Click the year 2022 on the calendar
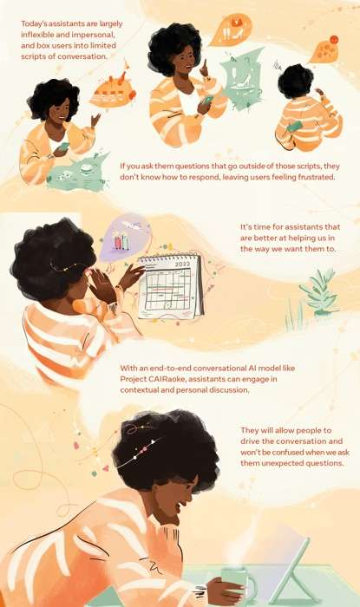(x=183, y=264)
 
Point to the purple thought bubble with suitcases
(x=125, y=237)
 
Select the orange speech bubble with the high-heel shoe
(x=231, y=29)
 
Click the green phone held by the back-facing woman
(x=295, y=127)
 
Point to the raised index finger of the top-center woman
(x=205, y=66)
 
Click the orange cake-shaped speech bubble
(x=112, y=91)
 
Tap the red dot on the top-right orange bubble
(x=334, y=40)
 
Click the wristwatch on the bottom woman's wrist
(x=200, y=591)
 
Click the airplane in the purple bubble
(x=131, y=225)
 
